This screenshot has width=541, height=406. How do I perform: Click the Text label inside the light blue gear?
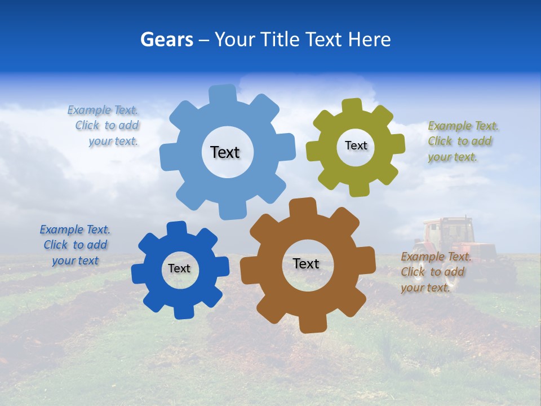[x=225, y=152]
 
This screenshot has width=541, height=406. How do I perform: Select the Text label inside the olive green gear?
[x=356, y=145]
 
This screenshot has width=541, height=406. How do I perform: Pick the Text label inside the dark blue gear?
[x=179, y=268]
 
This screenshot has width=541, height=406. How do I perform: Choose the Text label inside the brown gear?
[x=306, y=263]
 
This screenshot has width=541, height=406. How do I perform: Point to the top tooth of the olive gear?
[x=352, y=105]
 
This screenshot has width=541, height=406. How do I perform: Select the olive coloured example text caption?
[x=462, y=141]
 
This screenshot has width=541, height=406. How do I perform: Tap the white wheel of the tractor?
[x=418, y=273]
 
